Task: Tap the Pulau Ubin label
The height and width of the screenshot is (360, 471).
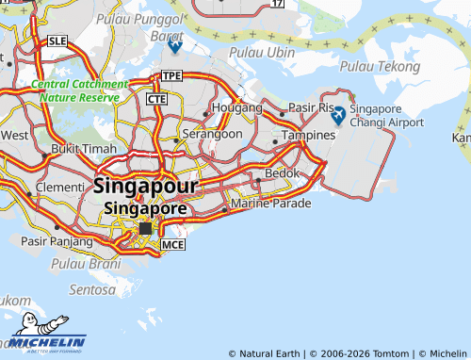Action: tap(268, 53)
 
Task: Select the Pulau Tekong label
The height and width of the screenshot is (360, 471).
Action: tap(378, 66)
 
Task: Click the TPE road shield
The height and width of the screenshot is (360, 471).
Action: tap(171, 75)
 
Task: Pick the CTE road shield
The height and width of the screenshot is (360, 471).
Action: tap(156, 98)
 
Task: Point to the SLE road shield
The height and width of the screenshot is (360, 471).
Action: tap(57, 41)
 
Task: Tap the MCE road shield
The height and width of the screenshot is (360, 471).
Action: tap(172, 245)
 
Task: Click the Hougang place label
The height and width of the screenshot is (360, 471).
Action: tap(239, 108)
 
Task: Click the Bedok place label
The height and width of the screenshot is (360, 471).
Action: tap(282, 173)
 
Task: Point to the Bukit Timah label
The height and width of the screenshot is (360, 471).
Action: tap(83, 149)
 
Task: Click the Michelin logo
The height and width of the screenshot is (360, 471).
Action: tap(47, 335)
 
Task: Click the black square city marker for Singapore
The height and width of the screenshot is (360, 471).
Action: tap(145, 228)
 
